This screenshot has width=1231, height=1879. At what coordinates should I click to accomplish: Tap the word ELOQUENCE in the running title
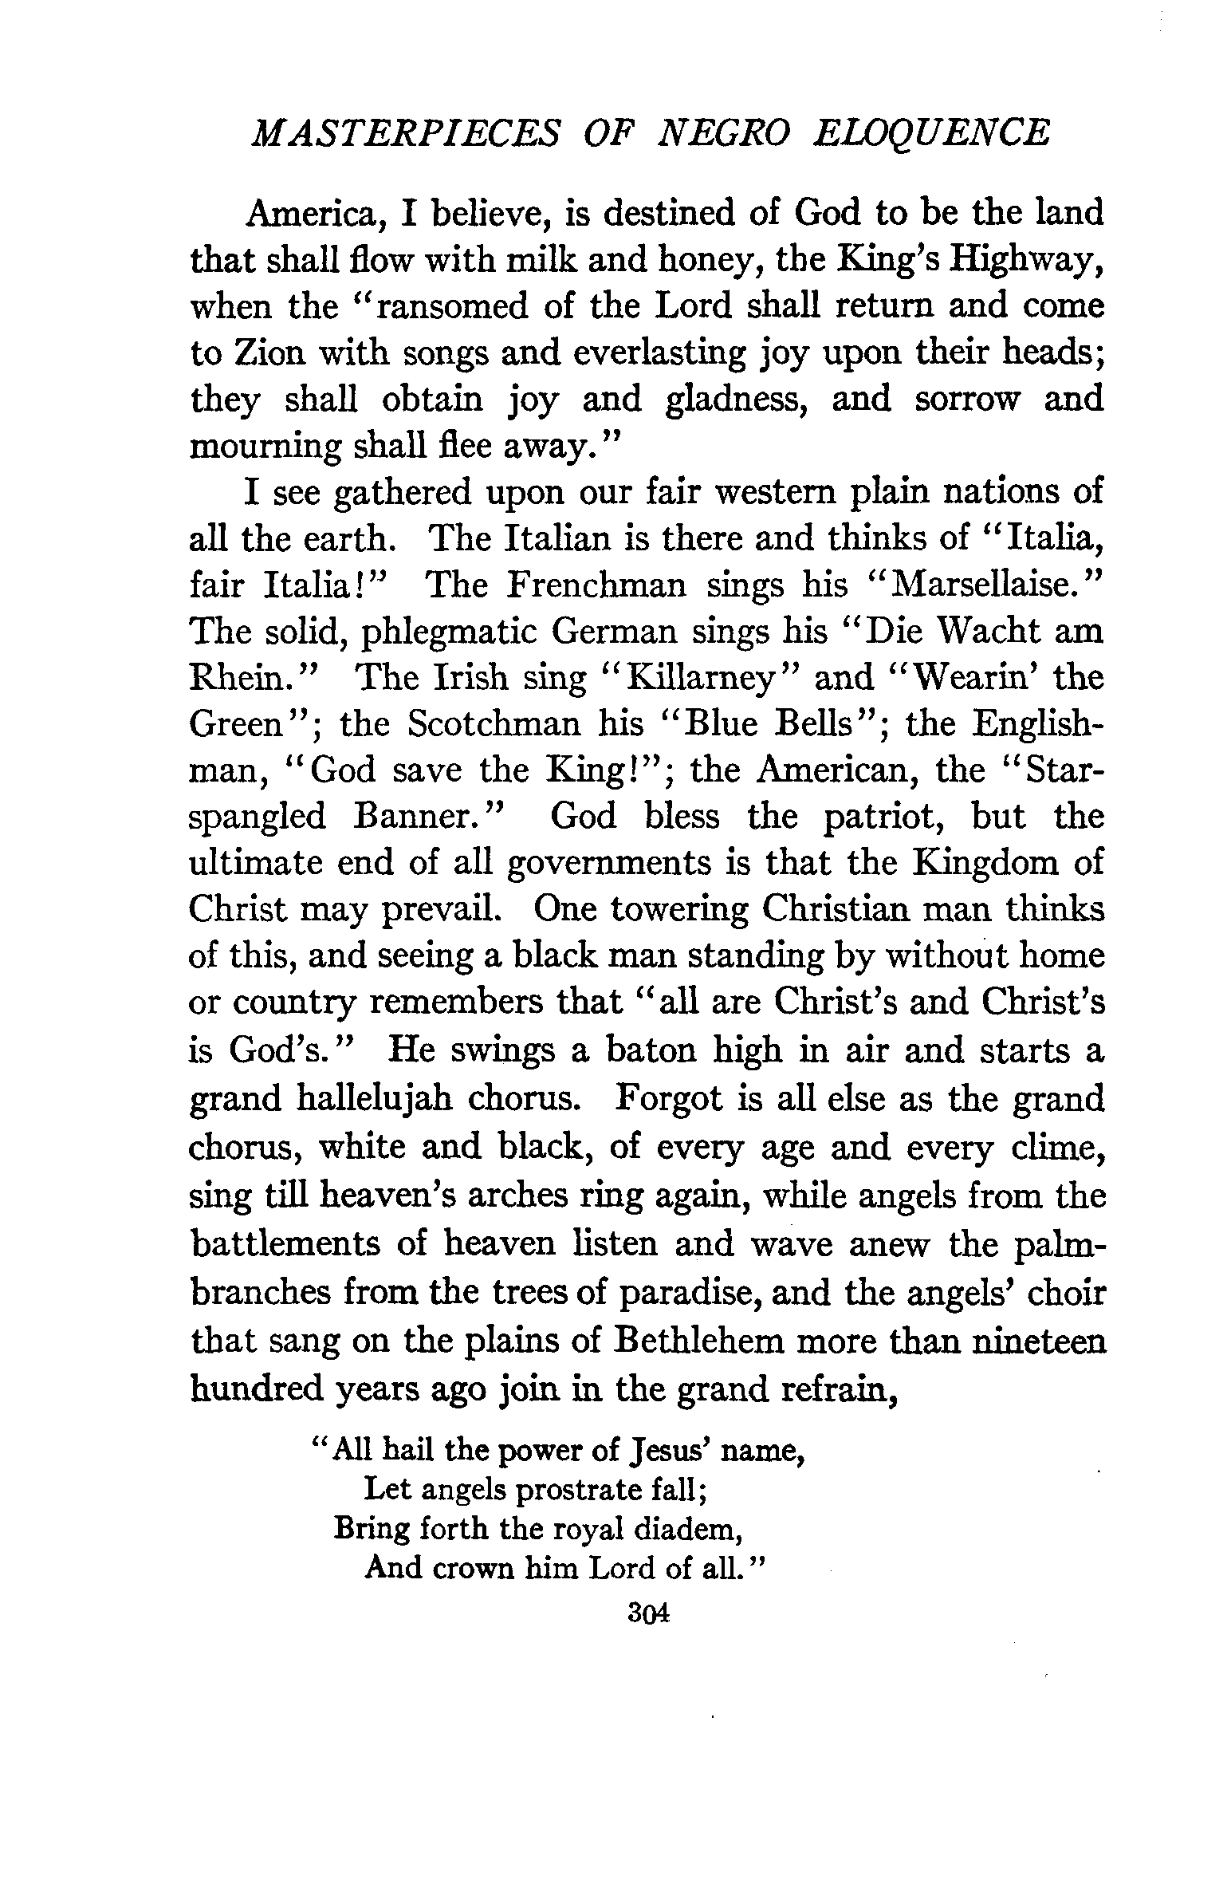(x=930, y=133)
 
